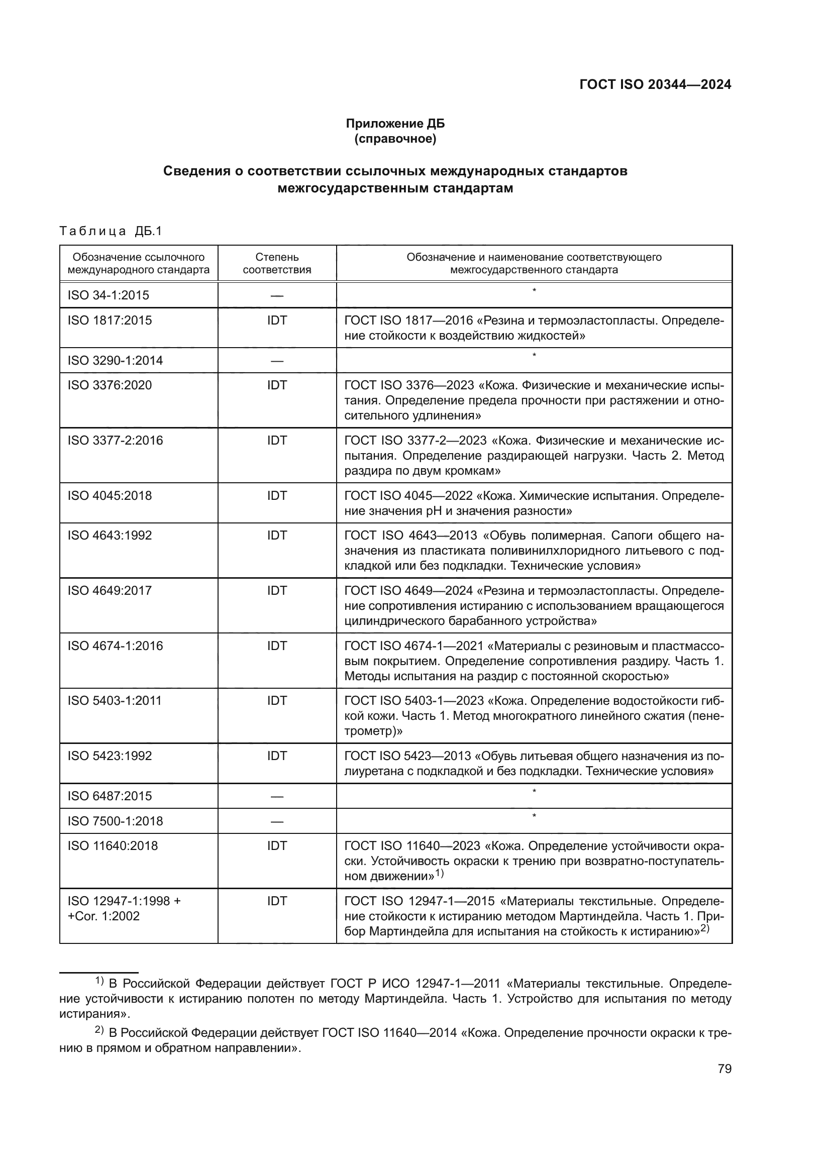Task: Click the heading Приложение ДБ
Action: pos(395,124)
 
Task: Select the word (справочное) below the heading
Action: pos(395,139)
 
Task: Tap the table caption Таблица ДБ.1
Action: pos(111,231)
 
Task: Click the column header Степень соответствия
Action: pos(277,263)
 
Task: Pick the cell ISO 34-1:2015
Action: pos(108,295)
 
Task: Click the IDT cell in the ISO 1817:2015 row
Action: pos(277,321)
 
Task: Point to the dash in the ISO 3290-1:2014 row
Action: pos(277,361)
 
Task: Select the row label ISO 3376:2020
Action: pos(110,385)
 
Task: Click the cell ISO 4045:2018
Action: pos(110,496)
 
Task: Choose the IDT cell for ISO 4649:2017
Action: pos(277,591)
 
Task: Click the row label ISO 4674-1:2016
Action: pos(115,647)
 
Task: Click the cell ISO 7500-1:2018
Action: pos(115,821)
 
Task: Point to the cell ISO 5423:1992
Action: pos(110,757)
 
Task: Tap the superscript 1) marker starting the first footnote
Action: pos(100,981)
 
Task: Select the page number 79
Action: pos(724,1069)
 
